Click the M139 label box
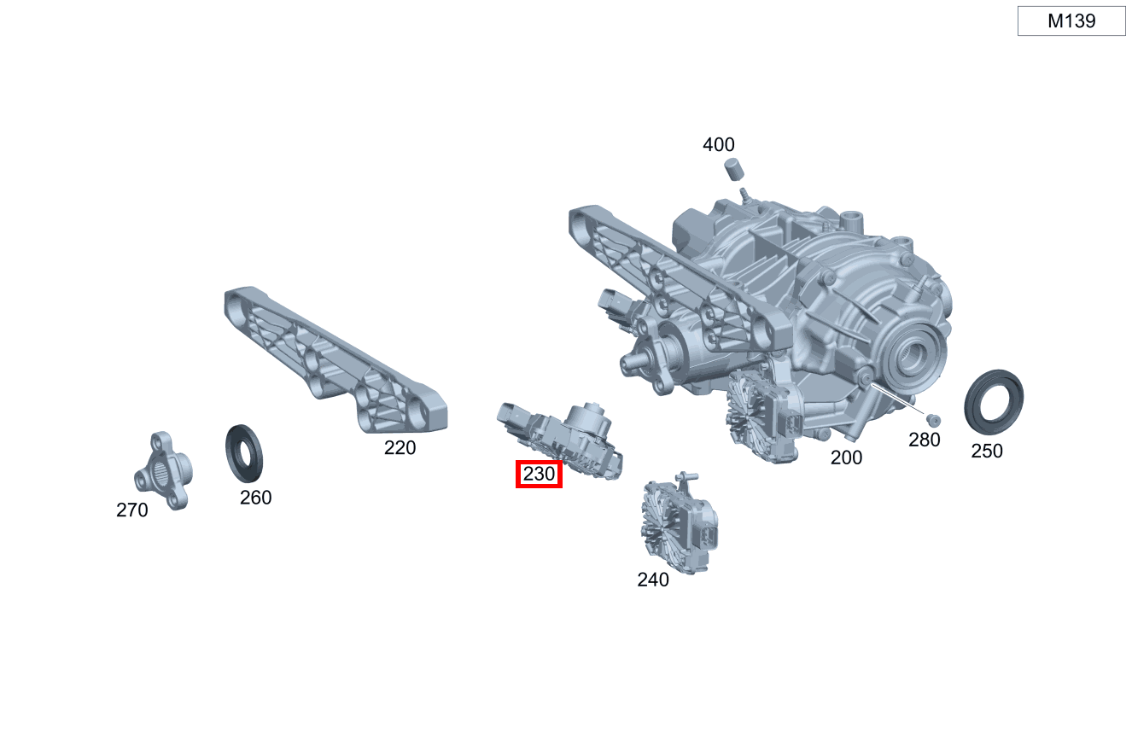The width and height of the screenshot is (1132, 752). click(x=1071, y=20)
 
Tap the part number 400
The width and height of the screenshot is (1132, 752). click(x=718, y=145)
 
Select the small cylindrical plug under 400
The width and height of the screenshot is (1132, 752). click(x=734, y=169)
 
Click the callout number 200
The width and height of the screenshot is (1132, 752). click(x=846, y=458)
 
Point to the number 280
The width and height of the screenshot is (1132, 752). click(x=925, y=440)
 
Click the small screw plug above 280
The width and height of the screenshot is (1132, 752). click(x=933, y=421)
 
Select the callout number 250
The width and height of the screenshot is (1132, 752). click(x=987, y=452)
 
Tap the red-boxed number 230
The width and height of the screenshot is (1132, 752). click(x=539, y=474)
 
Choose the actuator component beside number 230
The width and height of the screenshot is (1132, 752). click(x=561, y=440)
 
